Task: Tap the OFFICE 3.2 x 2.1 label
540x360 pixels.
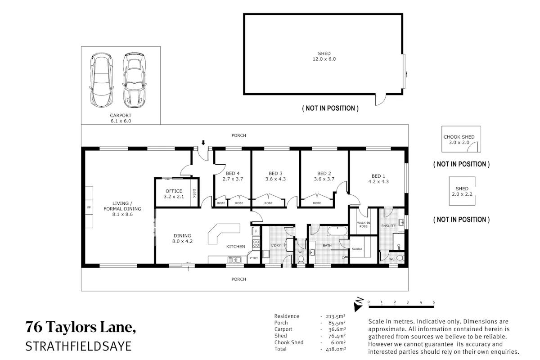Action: (x=174, y=193)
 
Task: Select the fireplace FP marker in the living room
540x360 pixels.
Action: (x=89, y=207)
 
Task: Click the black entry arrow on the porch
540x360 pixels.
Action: (x=203, y=143)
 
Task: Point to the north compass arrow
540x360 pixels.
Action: (x=359, y=305)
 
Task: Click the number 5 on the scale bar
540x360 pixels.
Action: (x=433, y=302)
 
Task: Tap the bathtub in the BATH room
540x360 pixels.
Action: (x=337, y=231)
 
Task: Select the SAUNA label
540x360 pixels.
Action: (x=357, y=249)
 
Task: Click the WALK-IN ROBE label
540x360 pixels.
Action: (x=363, y=225)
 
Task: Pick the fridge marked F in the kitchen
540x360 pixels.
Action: (x=256, y=231)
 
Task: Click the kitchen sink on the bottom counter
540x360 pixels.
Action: (x=234, y=260)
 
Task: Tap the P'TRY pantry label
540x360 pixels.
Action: (x=254, y=258)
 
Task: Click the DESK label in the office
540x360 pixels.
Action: (x=194, y=193)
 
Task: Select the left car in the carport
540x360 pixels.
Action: (x=102, y=80)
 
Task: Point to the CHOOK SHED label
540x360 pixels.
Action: (x=459, y=137)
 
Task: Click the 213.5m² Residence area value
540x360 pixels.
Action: (x=336, y=316)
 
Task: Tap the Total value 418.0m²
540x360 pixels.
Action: (x=336, y=349)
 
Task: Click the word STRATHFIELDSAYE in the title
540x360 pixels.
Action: (x=78, y=346)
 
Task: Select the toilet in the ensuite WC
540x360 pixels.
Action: (x=400, y=258)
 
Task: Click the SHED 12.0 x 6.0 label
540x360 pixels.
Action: (x=324, y=56)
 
